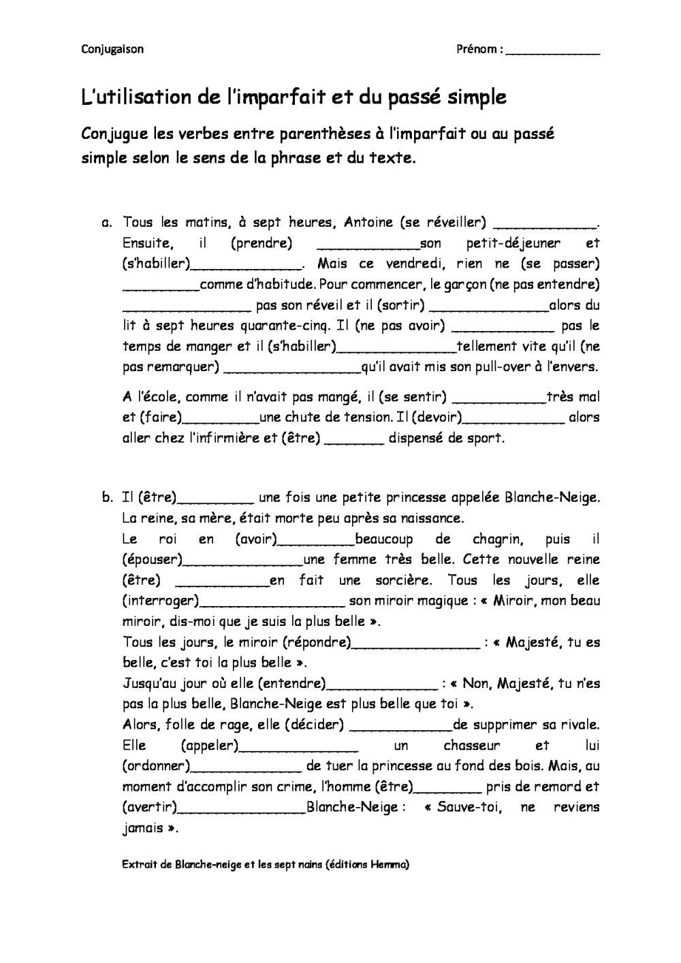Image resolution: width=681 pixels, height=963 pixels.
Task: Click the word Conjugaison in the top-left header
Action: click(x=112, y=49)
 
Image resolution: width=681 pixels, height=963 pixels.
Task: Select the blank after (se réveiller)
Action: click(x=543, y=225)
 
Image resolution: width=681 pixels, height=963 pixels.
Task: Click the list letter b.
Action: click(x=107, y=497)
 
